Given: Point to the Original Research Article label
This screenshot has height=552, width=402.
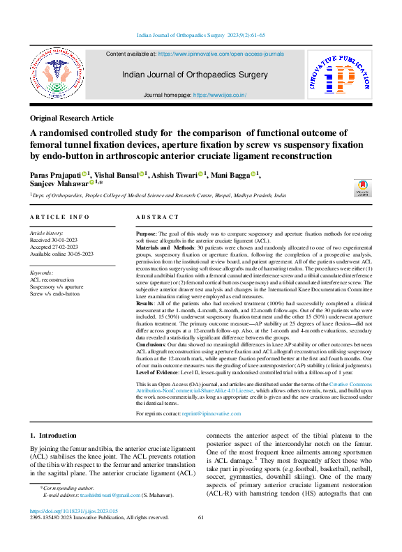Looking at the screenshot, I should [71, 118].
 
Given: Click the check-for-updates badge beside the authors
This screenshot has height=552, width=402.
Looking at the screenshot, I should [363, 186].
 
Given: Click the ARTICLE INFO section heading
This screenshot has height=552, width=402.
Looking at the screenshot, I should [60, 217].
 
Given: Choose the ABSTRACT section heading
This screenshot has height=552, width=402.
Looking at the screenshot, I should [155, 217].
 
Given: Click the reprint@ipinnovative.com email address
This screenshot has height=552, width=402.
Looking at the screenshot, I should [211, 413].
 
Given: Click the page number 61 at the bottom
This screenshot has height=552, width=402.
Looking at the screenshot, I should [201, 518].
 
